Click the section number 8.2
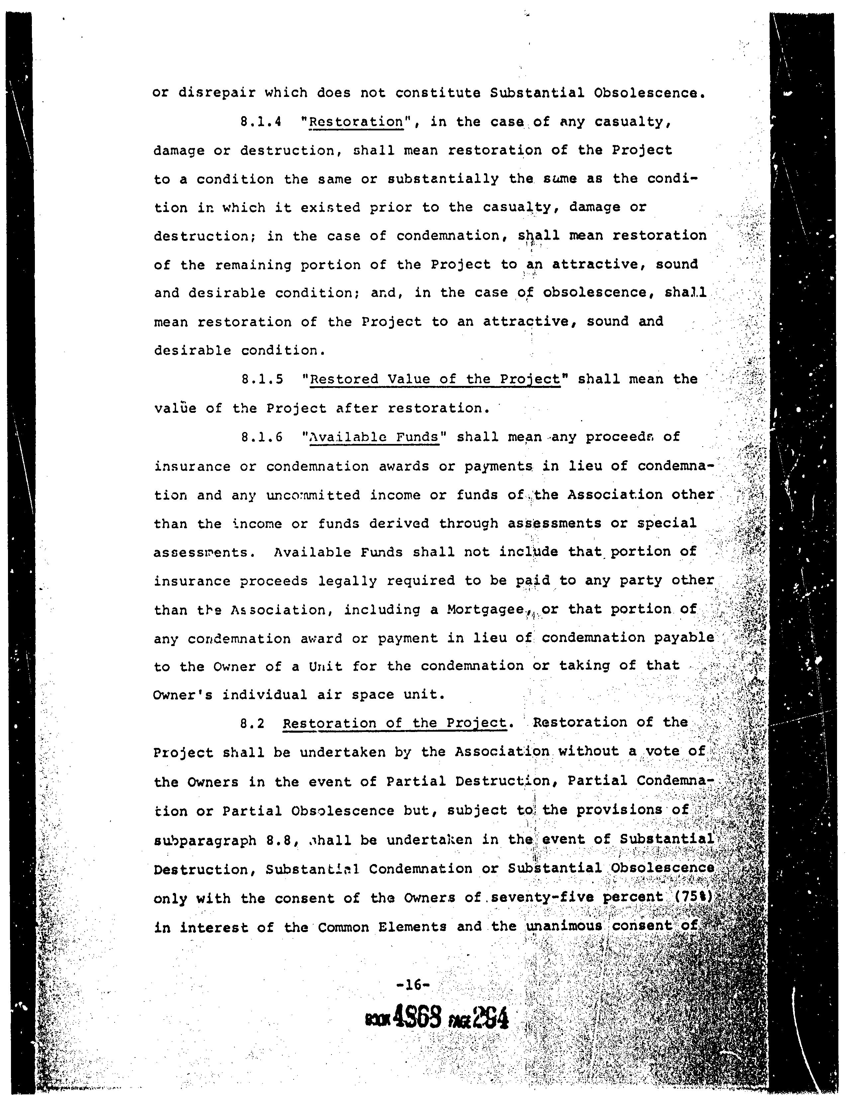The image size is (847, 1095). pos(252,723)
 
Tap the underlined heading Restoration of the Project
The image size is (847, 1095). pos(394,723)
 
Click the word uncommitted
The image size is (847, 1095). pos(313,496)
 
